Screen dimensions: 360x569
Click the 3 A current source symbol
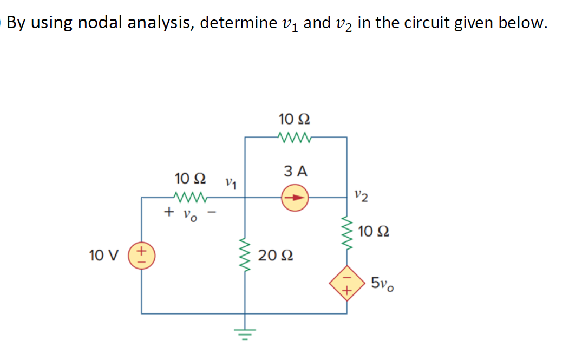[294, 198]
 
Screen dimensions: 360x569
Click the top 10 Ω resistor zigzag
[293, 137]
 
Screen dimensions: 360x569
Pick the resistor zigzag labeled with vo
[188, 197]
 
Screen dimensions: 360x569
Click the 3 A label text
[296, 172]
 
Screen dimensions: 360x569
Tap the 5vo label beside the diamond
[383, 284]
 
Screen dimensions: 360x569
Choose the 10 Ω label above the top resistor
[295, 119]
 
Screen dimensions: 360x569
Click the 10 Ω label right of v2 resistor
[374, 232]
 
